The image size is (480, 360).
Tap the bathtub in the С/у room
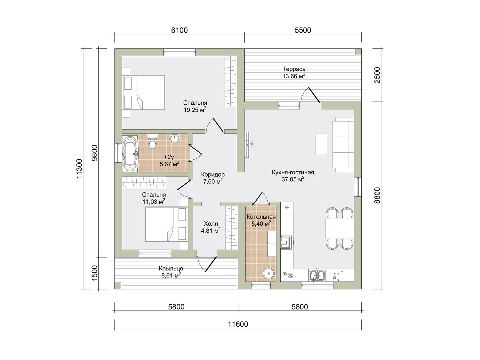tap(130, 153)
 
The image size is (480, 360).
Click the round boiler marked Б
tap(269, 273)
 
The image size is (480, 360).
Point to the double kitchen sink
tap(317, 275)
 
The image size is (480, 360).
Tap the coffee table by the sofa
tap(321, 144)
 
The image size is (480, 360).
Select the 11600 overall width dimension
tap(238, 324)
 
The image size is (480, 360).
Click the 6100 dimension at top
tap(179, 30)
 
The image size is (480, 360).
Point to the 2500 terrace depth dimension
tap(377, 75)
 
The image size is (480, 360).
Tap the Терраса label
tap(294, 69)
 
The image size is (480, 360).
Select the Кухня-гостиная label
tap(293, 172)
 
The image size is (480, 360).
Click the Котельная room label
tap(261, 217)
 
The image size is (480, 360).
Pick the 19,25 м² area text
tap(195, 110)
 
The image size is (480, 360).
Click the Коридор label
tap(213, 175)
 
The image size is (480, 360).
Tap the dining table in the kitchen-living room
tap(340, 228)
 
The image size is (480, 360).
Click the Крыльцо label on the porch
tap(171, 268)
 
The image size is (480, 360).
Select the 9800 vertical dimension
tap(94, 153)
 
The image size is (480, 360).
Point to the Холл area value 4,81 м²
tap(211, 231)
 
